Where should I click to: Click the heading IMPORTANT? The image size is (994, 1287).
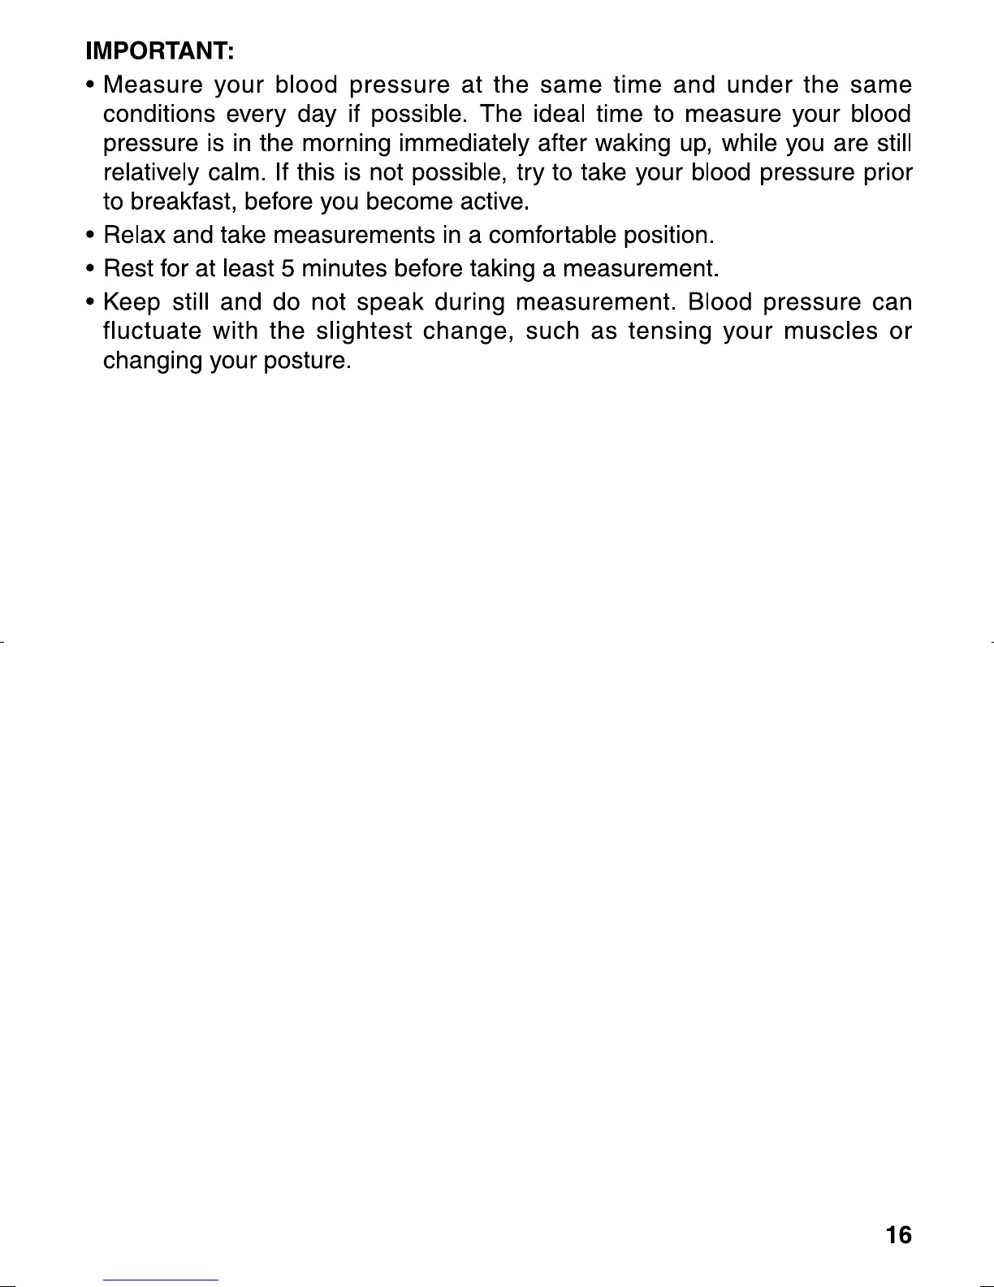(x=161, y=52)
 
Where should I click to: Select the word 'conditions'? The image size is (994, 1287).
(x=158, y=115)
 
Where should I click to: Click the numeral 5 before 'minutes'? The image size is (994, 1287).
(x=287, y=267)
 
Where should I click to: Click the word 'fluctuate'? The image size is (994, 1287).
(x=153, y=331)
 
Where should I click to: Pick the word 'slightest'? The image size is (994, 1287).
(x=363, y=331)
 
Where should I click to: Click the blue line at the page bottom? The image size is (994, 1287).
(x=162, y=1280)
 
